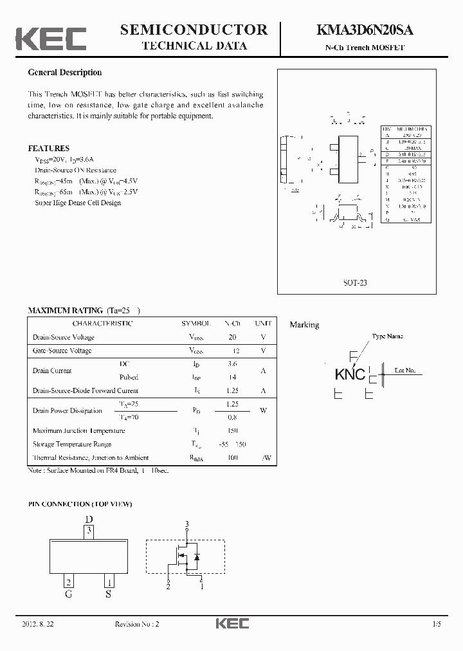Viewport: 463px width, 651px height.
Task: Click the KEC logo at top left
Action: [51, 38]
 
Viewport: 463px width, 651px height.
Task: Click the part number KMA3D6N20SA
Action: [365, 30]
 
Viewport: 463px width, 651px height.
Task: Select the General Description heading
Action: [64, 73]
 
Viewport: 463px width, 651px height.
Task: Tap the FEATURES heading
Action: [49, 148]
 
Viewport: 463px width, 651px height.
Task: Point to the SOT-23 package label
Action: [355, 282]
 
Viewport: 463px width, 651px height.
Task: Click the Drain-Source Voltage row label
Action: [63, 337]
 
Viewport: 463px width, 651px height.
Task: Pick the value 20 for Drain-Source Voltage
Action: [232, 337]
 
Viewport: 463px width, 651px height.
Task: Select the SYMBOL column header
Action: [196, 323]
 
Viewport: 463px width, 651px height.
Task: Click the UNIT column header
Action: [263, 323]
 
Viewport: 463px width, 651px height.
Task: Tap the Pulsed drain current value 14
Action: [232, 378]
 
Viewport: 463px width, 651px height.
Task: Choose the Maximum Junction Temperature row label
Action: [78, 431]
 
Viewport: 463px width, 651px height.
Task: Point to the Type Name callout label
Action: [388, 336]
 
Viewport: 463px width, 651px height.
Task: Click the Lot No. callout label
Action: [404, 371]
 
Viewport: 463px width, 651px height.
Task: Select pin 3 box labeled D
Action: [90, 531]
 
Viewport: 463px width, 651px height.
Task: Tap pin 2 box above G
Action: [68, 582]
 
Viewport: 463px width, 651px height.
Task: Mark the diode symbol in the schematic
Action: [197, 556]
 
